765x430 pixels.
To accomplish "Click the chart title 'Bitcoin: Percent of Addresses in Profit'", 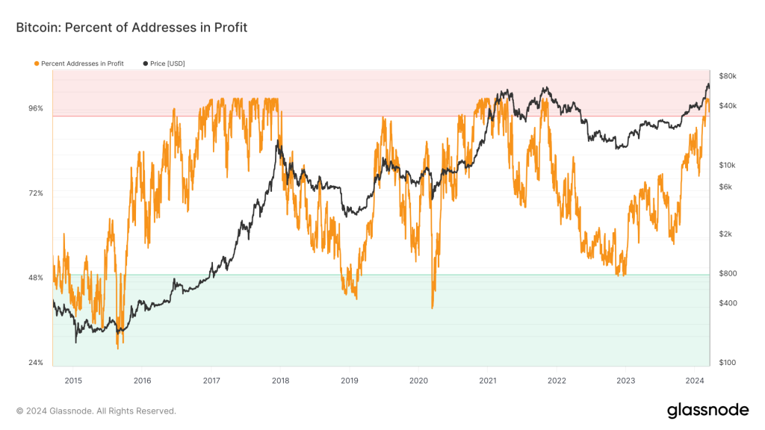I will coord(131,28).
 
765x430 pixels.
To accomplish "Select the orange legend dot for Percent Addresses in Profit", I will coord(37,63).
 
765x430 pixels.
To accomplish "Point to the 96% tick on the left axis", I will coord(36,108).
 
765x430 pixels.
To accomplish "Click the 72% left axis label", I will coord(36,193).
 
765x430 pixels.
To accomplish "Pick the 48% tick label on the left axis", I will coord(36,278).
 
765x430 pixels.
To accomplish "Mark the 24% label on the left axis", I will coord(36,363).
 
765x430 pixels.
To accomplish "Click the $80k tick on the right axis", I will coord(728,76).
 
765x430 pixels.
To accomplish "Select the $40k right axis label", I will coord(728,106).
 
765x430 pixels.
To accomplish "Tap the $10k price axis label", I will coord(728,165).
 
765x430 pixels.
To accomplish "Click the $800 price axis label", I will coord(727,273).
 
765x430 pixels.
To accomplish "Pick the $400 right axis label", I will coord(727,303).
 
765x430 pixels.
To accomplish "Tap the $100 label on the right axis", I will coord(727,363).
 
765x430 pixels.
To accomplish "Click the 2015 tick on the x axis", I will coord(73,381).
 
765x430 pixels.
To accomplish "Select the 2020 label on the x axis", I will coord(418,381).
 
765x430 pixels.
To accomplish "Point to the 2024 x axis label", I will coord(695,381).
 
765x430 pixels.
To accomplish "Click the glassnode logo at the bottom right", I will coord(707,410).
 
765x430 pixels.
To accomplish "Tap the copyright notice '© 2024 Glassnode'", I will coord(96,411).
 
